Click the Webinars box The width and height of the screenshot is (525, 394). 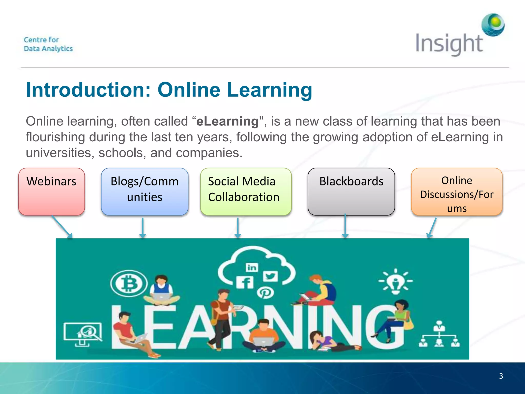point(52,191)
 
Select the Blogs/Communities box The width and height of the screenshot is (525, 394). point(145,191)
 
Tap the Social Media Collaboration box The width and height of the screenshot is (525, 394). point(246,191)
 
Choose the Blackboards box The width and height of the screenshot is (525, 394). point(351,191)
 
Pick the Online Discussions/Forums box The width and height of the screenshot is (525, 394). point(457,192)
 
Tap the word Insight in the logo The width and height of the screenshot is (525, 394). point(449,44)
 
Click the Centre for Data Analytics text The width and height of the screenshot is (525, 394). point(48,44)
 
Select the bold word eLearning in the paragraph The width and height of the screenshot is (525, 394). point(228,121)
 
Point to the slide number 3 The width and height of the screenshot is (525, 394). point(501,376)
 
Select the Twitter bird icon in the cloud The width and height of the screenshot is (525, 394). point(270,277)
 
